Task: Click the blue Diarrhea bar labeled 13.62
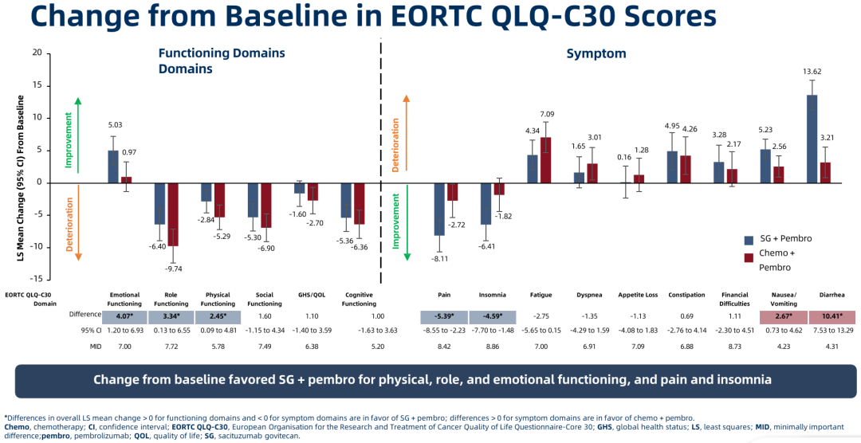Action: [812, 139]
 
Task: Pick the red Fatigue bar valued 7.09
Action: [546, 160]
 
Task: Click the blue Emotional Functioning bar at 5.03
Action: [113, 167]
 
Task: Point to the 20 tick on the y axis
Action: [37, 53]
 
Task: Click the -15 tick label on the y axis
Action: [35, 279]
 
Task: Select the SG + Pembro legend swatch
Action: [749, 240]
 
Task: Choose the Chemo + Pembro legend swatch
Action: [749, 257]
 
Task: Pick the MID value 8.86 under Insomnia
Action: [490, 347]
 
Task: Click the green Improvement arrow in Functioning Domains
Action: [78, 134]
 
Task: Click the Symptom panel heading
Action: [596, 53]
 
